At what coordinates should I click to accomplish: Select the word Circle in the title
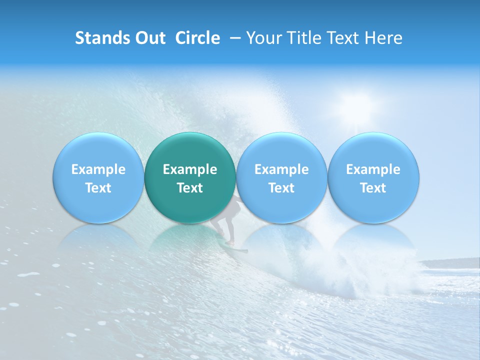[197, 38]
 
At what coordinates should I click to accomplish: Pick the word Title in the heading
[304, 38]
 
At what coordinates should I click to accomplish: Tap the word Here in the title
[383, 38]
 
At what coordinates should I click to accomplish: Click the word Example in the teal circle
[190, 169]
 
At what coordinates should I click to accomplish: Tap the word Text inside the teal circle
[190, 188]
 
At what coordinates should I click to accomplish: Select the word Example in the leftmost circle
[98, 169]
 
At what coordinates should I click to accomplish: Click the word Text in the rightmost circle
[373, 188]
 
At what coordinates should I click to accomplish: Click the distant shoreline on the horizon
[450, 263]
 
